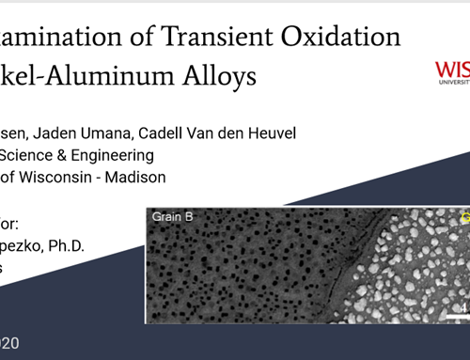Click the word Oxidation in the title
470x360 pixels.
pyautogui.click(x=338, y=37)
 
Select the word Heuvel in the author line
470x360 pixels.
pyautogui.click(x=272, y=133)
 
